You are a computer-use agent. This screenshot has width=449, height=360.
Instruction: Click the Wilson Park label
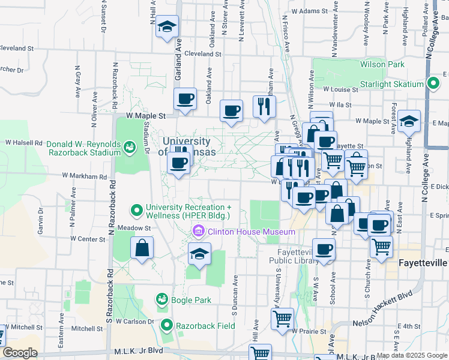point(382,64)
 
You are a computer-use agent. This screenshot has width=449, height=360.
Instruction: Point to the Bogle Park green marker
point(161,299)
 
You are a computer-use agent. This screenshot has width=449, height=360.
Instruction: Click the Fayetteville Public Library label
point(294,256)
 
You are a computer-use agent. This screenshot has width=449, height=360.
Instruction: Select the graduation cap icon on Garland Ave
point(167,27)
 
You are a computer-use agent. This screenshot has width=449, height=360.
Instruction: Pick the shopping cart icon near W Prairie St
point(282,319)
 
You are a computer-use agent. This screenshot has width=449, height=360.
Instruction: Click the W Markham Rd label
point(84,177)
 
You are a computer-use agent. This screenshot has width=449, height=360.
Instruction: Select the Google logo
point(19,353)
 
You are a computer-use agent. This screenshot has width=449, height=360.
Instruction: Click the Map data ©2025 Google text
point(412,355)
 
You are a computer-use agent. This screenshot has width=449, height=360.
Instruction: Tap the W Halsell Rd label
point(24,143)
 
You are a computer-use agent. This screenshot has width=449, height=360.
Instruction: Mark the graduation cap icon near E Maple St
point(409,121)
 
